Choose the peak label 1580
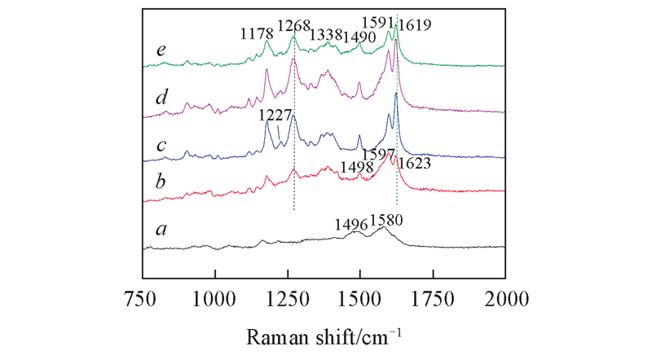click(386, 219)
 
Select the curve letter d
click(163, 99)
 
